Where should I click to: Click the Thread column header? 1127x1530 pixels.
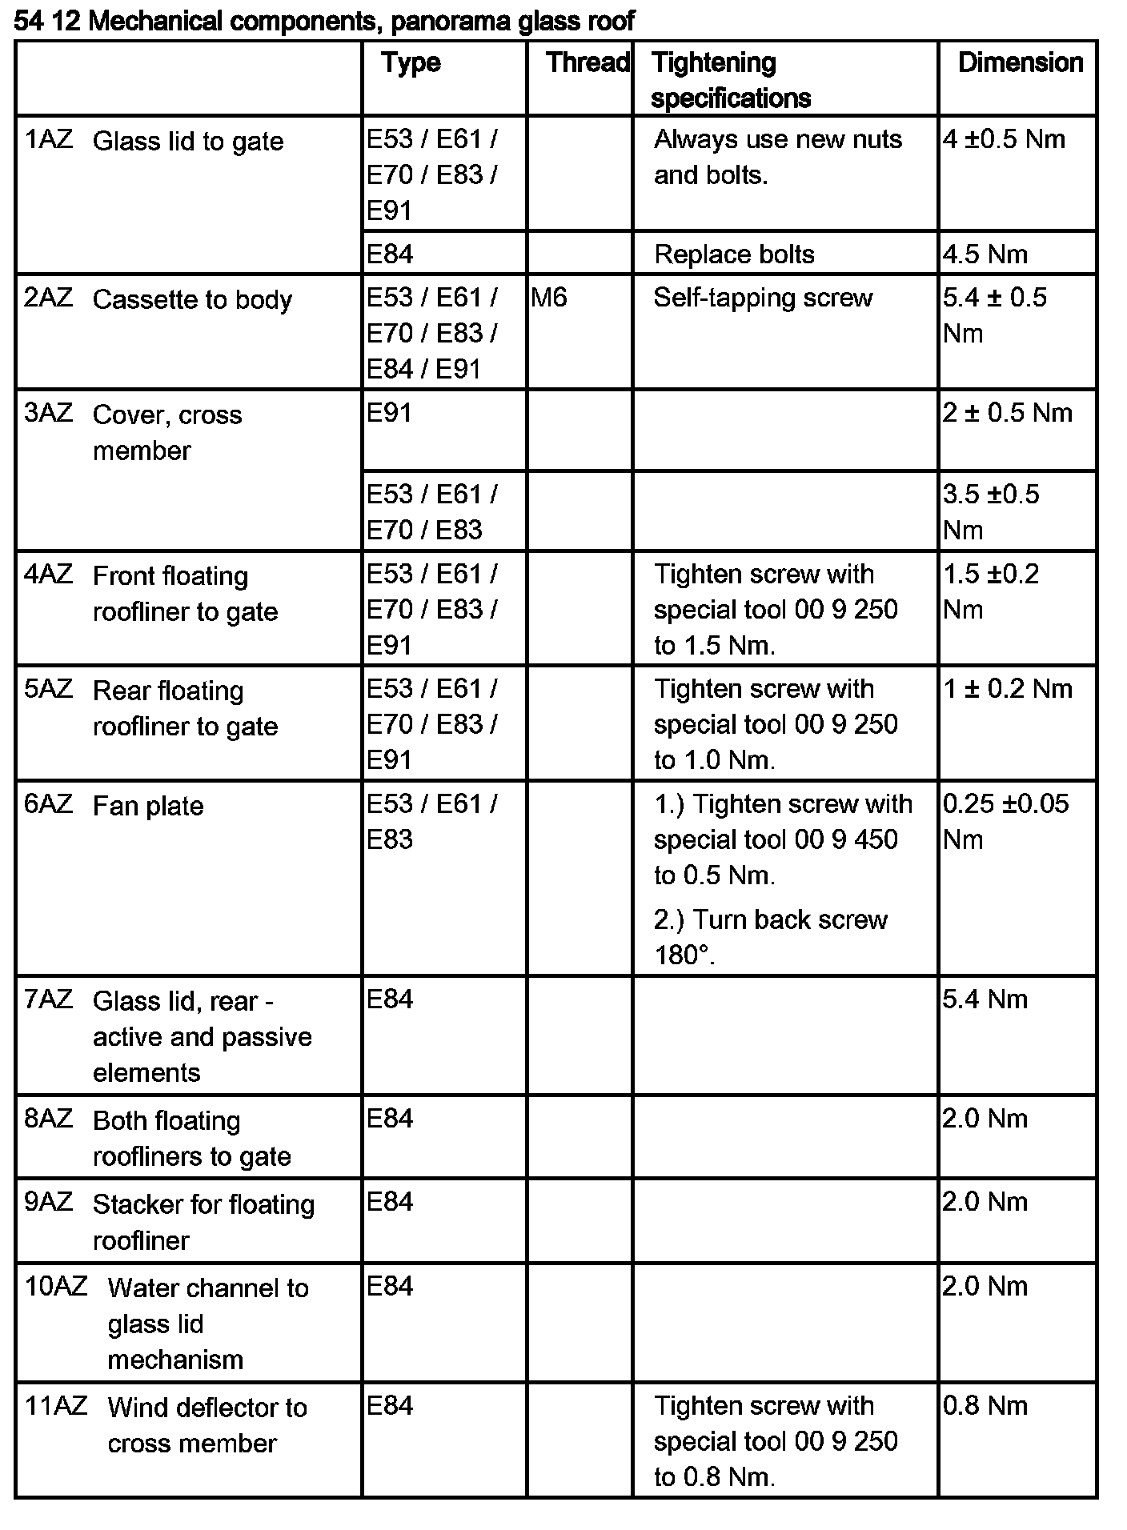(587, 62)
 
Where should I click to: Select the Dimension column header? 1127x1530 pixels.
(1020, 62)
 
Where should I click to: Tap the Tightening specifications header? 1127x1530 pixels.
(730, 80)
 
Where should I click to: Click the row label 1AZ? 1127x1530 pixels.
(48, 140)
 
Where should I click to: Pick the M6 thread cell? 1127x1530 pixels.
(549, 298)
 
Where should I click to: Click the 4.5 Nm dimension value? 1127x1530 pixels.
(985, 254)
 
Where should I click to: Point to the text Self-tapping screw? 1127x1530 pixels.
(762, 298)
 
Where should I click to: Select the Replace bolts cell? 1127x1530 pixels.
(733, 254)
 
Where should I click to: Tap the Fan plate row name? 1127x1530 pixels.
(148, 806)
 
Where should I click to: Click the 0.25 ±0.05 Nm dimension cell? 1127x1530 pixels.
(1005, 821)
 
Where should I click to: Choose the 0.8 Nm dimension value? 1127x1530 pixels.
(985, 1406)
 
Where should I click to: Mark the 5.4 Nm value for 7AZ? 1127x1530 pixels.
(985, 999)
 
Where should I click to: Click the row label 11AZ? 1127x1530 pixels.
(55, 1406)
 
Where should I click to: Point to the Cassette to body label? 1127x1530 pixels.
(192, 299)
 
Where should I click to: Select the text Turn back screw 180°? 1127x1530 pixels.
(770, 937)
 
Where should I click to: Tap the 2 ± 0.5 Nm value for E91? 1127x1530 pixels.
(1007, 413)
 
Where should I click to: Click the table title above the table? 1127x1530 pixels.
(324, 21)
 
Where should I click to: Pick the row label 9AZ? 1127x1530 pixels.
(48, 1203)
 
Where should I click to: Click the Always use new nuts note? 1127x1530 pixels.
(777, 157)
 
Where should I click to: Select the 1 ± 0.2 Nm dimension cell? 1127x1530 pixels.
(1007, 689)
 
